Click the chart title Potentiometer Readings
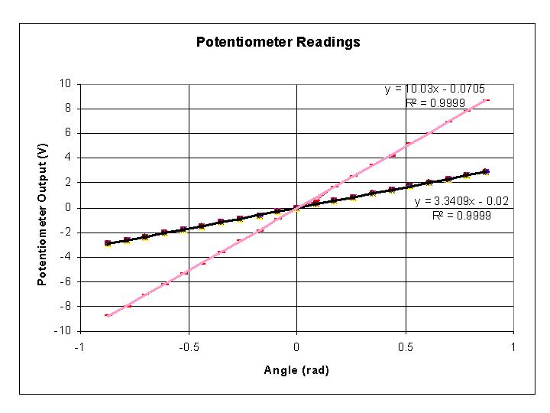pyautogui.click(x=278, y=42)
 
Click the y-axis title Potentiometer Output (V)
pyautogui.click(x=43, y=206)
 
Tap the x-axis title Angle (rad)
pyautogui.click(x=296, y=370)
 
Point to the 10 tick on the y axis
pyautogui.click(x=66, y=83)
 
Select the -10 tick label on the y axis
pyautogui.click(x=64, y=331)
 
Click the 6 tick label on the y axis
pyautogui.click(x=69, y=133)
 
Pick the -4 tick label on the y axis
pyautogui.click(x=66, y=257)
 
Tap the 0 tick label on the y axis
pyautogui.click(x=69, y=207)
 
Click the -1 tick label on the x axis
pyautogui.click(x=79, y=346)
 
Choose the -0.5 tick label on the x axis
pyautogui.click(x=188, y=346)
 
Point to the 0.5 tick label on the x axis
pyautogui.click(x=405, y=346)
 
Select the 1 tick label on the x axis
pyautogui.click(x=513, y=346)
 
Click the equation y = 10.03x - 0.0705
pyautogui.click(x=435, y=89)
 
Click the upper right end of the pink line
pyautogui.click(x=487, y=99)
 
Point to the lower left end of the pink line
pyautogui.click(x=108, y=315)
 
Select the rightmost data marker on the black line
pyautogui.click(x=486, y=171)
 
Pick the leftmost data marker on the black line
pyautogui.click(x=108, y=243)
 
